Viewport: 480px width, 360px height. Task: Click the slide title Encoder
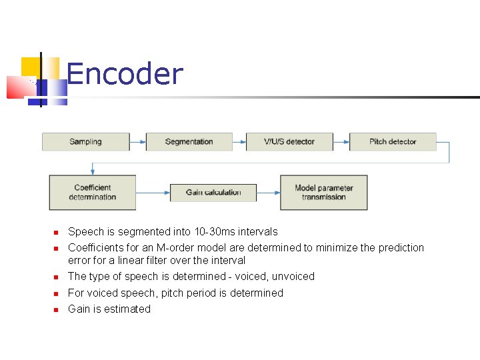click(x=125, y=74)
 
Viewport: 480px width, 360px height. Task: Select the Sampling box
click(x=85, y=141)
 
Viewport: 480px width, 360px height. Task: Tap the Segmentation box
click(x=189, y=141)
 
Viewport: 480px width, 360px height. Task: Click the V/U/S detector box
click(x=289, y=141)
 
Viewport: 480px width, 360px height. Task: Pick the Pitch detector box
click(x=393, y=141)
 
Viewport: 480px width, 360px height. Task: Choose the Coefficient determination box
click(x=92, y=193)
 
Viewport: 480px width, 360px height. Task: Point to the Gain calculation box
click(x=213, y=193)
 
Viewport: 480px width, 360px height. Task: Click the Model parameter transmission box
click(x=323, y=193)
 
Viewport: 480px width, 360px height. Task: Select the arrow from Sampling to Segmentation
click(x=137, y=141)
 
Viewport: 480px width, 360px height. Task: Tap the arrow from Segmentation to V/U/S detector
click(x=239, y=141)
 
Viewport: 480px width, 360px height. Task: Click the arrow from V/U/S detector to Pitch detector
click(x=341, y=141)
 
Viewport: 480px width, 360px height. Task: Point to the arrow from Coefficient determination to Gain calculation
click(x=153, y=193)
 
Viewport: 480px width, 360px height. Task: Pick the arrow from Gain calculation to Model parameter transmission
click(x=268, y=193)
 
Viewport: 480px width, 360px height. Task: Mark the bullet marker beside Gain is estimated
click(x=57, y=310)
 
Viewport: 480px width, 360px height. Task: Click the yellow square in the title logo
click(x=30, y=67)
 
